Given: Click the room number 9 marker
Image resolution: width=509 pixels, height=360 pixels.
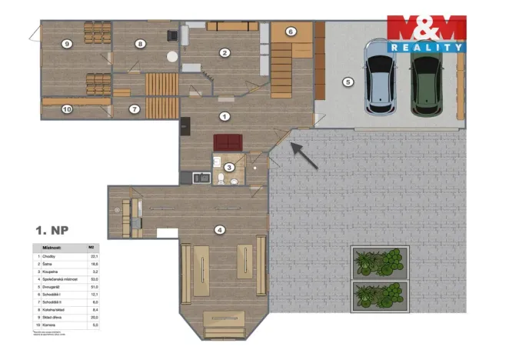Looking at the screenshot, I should (x=67, y=44).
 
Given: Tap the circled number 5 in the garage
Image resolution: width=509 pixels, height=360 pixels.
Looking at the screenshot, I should (x=347, y=81).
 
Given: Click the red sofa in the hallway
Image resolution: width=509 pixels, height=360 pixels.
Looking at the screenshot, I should (x=228, y=142).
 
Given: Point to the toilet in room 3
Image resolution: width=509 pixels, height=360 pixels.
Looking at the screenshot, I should (x=221, y=180).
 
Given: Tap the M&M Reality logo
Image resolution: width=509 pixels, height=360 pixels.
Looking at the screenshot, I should (x=426, y=33).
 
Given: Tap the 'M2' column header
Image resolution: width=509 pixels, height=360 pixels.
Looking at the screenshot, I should (x=91, y=247).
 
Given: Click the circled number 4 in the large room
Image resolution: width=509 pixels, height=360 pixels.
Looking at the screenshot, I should (x=221, y=229).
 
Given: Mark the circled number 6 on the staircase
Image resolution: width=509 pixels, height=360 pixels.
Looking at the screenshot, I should (x=291, y=32).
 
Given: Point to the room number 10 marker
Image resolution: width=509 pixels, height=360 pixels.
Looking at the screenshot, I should (x=67, y=109).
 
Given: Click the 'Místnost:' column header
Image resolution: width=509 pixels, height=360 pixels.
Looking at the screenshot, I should (x=50, y=247).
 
